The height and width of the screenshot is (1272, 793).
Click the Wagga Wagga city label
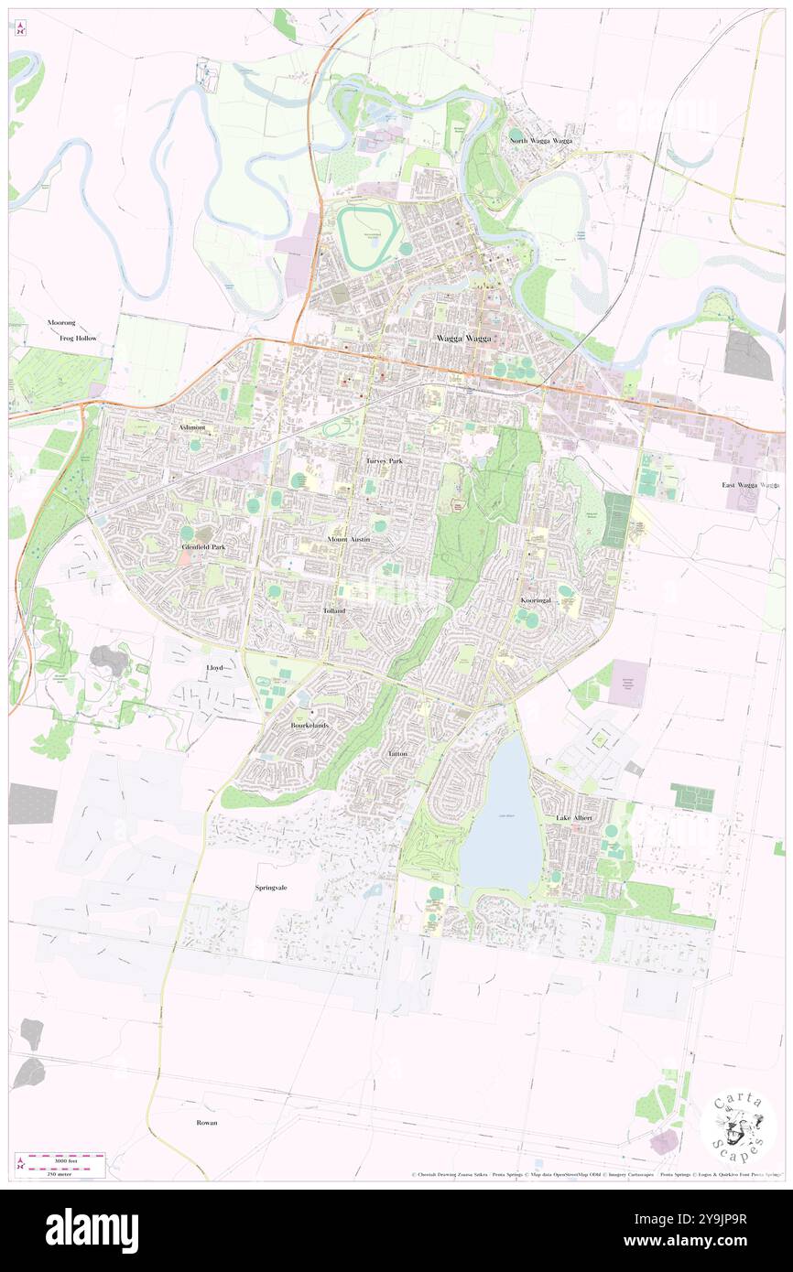462,339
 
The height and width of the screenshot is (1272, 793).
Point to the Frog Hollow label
78,339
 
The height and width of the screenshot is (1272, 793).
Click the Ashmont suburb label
193,427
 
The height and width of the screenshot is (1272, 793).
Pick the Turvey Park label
384,461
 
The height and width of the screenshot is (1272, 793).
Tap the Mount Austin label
349,540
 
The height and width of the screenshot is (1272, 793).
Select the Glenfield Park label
202,546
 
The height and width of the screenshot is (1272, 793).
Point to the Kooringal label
537,600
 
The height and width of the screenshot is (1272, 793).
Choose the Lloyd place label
213,668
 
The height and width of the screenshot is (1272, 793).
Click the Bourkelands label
309,725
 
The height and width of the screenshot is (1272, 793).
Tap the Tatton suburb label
397,753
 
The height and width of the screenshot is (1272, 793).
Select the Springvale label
273,888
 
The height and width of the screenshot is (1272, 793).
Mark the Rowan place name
207,1122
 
